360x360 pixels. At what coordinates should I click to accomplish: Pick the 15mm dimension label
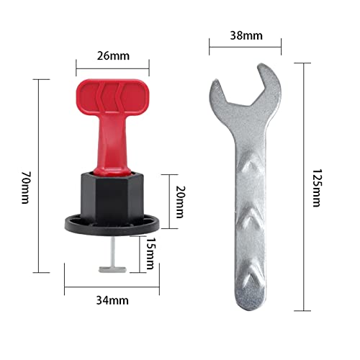[x=149, y=252]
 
